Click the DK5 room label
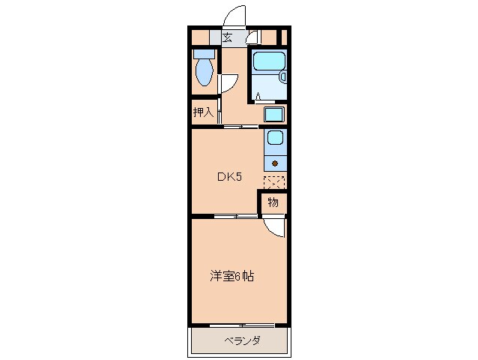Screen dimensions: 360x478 point(229,178)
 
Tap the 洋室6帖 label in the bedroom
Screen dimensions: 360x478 point(232,276)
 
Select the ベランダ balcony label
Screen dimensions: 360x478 point(241,341)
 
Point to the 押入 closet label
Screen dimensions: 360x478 point(203,112)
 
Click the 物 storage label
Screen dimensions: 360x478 point(273,202)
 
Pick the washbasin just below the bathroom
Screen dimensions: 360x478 point(274,115)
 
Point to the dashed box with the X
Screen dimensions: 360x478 point(274,181)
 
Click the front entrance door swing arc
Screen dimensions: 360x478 point(237,16)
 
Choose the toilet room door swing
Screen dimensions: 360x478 point(228,84)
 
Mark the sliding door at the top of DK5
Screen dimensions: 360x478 point(239,127)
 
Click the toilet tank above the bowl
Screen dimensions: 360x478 point(204,54)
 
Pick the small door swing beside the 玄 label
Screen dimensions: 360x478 point(252,35)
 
